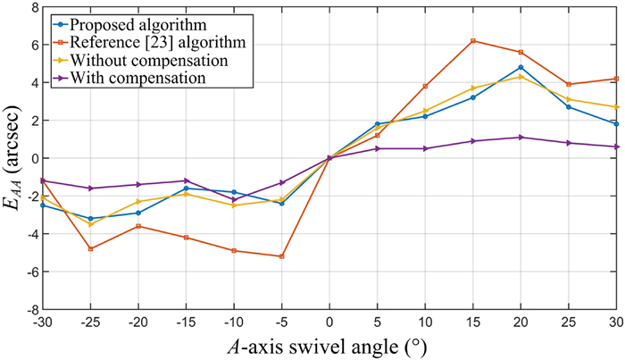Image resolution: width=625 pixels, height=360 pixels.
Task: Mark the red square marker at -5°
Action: point(282,256)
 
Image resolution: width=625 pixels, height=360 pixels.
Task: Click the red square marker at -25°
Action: point(90,248)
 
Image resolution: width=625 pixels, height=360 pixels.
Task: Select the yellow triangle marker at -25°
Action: point(90,224)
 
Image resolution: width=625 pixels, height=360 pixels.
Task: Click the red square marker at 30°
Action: point(617,79)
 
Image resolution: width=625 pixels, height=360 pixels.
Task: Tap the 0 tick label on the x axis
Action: point(329,322)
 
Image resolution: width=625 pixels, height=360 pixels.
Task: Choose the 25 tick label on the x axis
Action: point(569,322)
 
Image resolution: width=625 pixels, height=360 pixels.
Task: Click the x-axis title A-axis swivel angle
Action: point(329,346)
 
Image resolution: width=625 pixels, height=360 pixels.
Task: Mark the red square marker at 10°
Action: point(425,86)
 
